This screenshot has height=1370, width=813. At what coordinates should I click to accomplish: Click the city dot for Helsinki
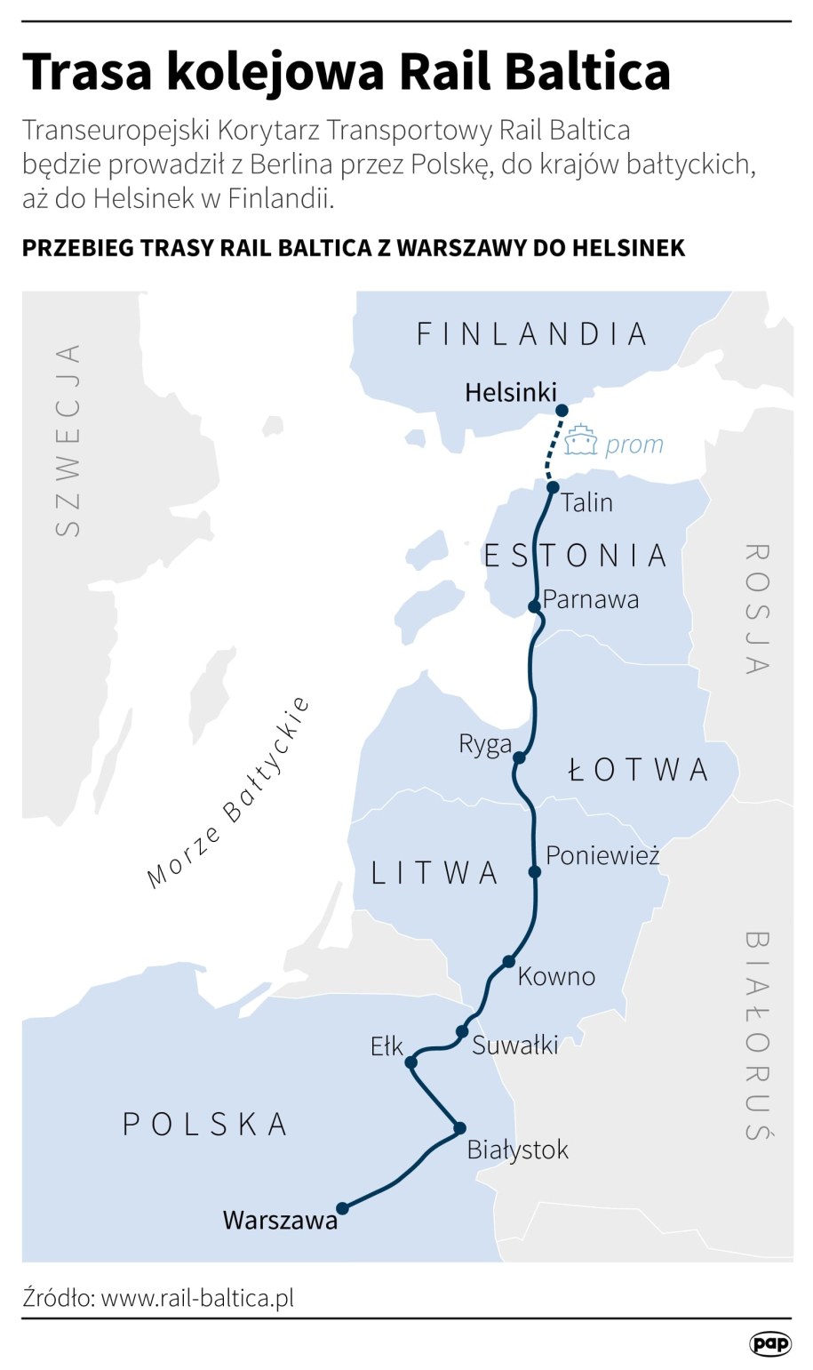[x=562, y=410]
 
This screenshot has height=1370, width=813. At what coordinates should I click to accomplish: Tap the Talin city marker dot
[x=553, y=487]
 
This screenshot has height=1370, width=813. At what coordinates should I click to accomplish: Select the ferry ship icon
[x=581, y=441]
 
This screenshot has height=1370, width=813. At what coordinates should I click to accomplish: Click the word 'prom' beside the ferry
[x=634, y=444]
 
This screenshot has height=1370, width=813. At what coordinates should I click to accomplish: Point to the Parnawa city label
[x=591, y=599]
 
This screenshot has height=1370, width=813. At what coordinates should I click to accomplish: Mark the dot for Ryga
[x=520, y=757]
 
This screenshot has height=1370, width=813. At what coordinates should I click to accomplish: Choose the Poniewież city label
[x=602, y=855]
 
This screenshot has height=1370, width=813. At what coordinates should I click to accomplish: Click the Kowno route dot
[x=508, y=961]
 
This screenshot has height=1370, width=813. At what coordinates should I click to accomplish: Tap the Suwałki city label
[x=514, y=1045]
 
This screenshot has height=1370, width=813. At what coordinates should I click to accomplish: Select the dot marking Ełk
[x=410, y=1062]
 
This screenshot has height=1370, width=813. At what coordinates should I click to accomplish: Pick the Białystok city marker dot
[x=459, y=1128]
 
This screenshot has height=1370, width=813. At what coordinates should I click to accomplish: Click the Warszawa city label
[x=280, y=1220]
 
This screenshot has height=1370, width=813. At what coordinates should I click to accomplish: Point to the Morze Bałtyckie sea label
[x=229, y=793]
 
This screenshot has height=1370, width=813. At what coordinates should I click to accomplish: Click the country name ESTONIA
[x=575, y=556]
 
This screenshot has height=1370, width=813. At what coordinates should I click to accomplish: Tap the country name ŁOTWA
[x=638, y=770]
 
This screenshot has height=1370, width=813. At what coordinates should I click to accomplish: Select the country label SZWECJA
[x=68, y=440]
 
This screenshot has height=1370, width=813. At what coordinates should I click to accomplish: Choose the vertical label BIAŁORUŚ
[x=756, y=1035]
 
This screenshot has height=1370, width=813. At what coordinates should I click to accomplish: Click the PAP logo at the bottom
[x=769, y=1343]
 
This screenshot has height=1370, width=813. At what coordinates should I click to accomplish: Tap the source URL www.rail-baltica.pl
[x=197, y=1297]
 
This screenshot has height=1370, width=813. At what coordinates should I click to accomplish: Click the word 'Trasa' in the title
[x=87, y=71]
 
